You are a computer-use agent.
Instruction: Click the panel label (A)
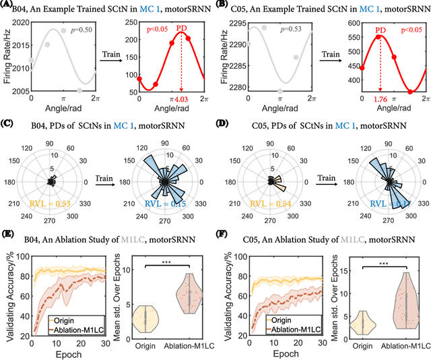[8, 5]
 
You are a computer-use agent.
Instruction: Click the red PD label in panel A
[181, 28]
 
